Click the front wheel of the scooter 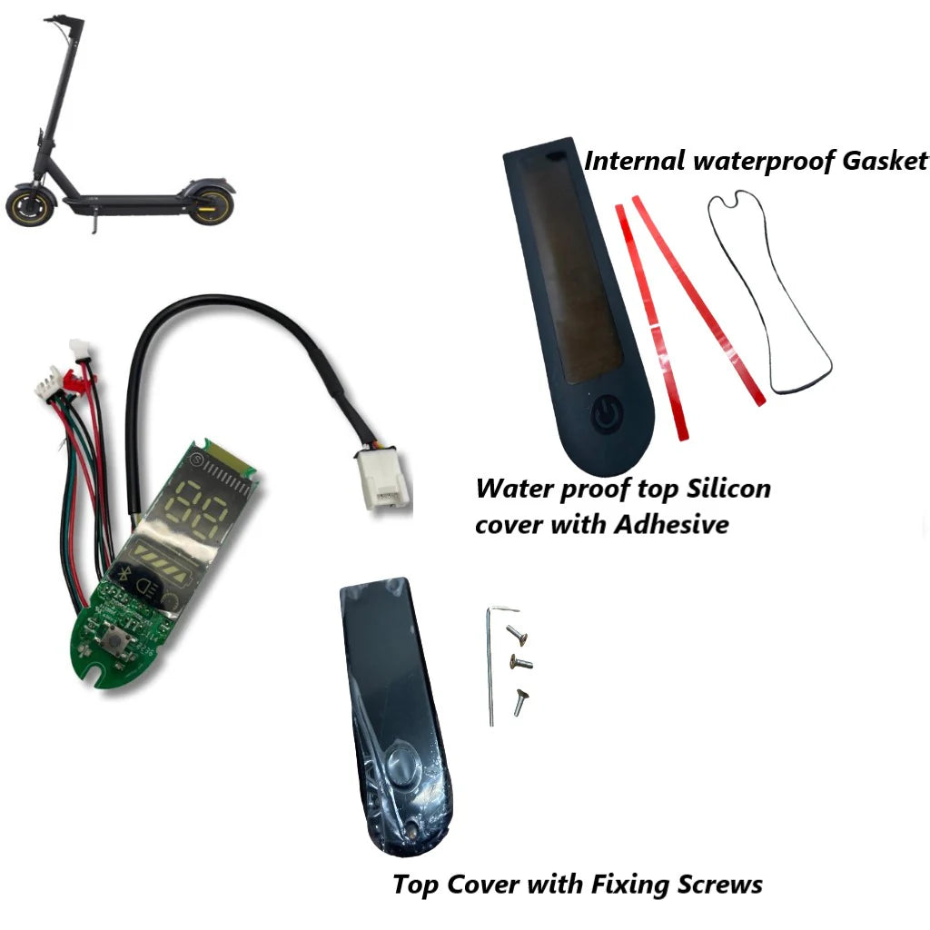[26, 206]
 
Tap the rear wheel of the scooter [212, 204]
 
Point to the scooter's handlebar [64, 19]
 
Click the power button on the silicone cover [606, 415]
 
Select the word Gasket [880, 162]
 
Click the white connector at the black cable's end [382, 480]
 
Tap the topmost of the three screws [515, 631]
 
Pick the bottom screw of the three [520, 700]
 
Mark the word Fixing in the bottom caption [627, 884]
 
